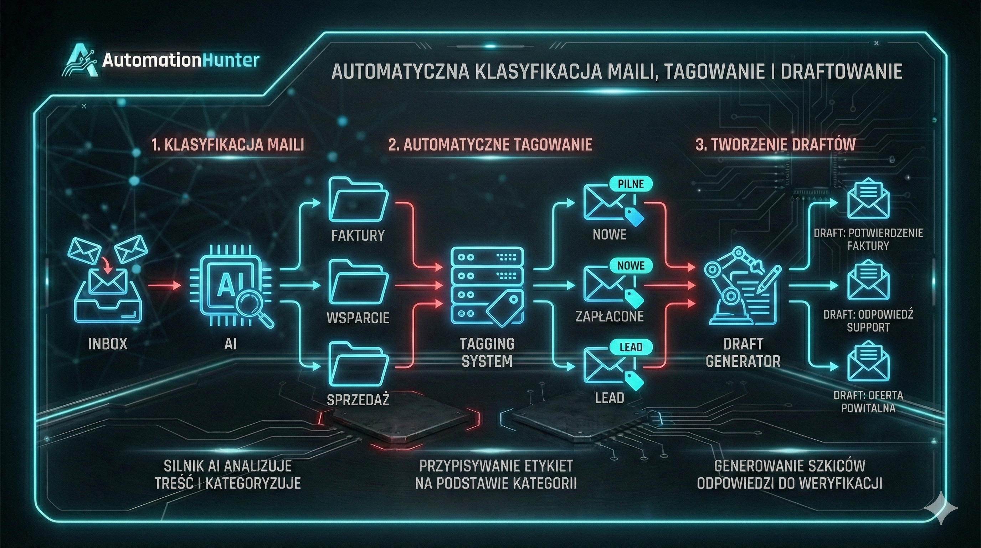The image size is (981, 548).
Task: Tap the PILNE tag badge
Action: click(631, 184)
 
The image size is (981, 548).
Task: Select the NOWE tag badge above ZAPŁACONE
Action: click(631, 266)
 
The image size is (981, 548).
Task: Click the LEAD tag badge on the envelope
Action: click(631, 347)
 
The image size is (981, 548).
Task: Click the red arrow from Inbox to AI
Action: click(164, 285)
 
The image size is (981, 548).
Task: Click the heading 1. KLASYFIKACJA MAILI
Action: click(228, 145)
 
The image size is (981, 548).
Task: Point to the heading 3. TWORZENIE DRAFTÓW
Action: click(776, 145)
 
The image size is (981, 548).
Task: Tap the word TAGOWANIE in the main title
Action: click(712, 72)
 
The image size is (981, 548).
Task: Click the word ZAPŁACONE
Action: click(609, 316)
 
